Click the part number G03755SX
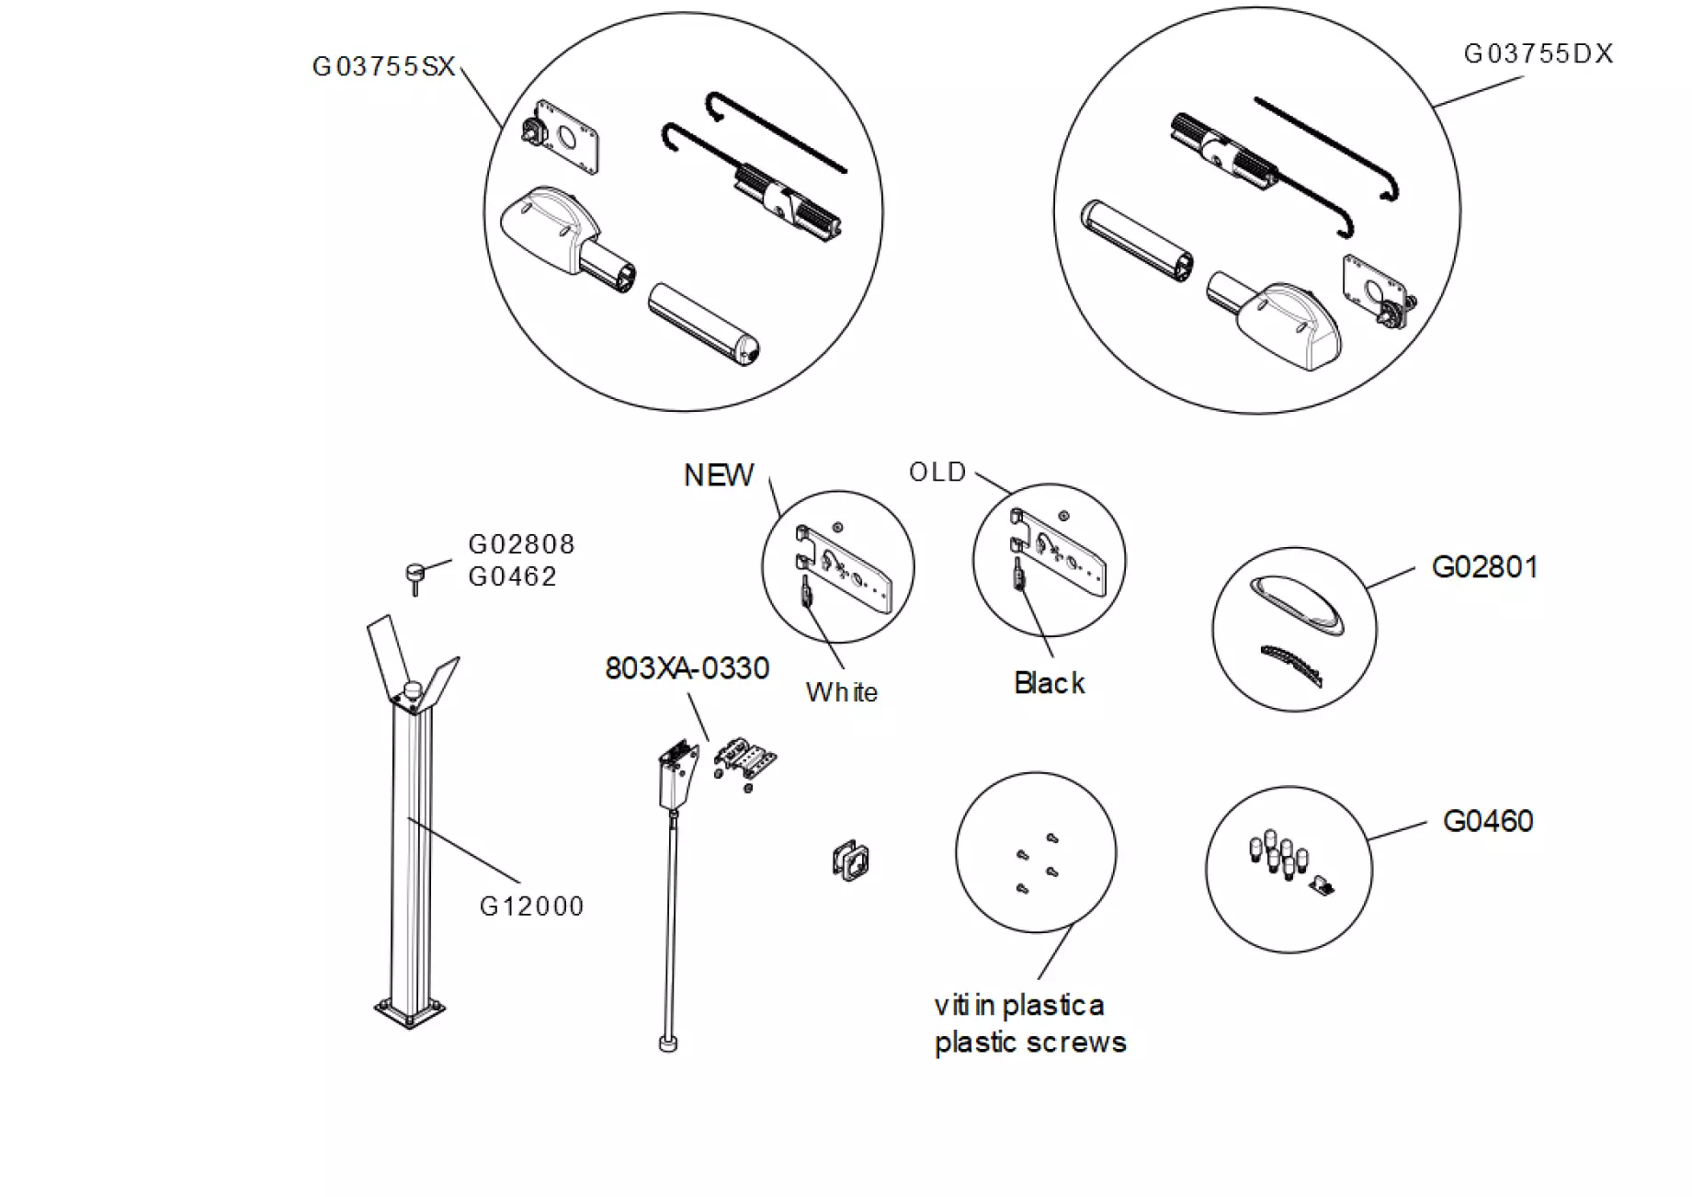(383, 67)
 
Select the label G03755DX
(1538, 54)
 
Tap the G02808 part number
(521, 544)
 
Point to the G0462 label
(512, 576)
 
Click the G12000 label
(531, 906)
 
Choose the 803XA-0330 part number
(687, 668)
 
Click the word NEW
(718, 475)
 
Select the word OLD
(937, 473)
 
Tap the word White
(841, 692)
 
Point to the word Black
(1049, 683)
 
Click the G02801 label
(1484, 567)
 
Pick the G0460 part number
(1487, 821)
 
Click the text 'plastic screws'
(1029, 1043)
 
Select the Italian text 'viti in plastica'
(1018, 1006)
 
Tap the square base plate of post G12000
(410, 1012)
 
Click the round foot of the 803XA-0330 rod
(668, 1043)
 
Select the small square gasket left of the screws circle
(849, 861)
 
